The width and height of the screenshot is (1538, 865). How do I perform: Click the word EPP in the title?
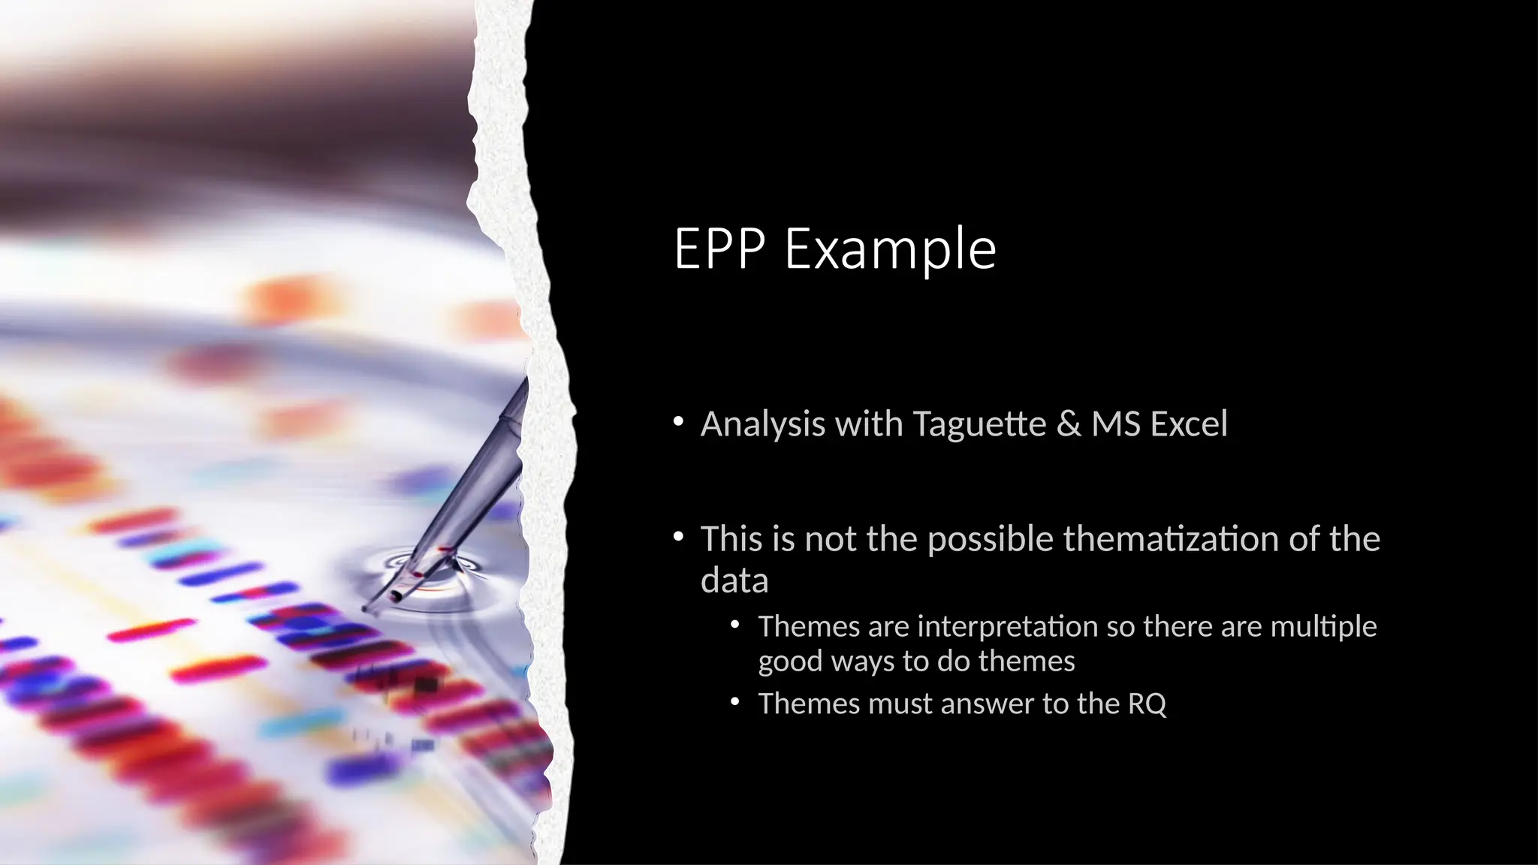[x=719, y=249]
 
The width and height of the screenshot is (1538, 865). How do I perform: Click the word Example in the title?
[x=891, y=249]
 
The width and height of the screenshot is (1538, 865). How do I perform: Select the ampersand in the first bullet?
[x=1069, y=424]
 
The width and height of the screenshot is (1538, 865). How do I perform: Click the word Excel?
[x=1190, y=424]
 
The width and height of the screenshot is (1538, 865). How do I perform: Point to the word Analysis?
[x=763, y=424]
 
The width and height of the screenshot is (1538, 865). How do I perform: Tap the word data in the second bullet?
[x=734, y=581]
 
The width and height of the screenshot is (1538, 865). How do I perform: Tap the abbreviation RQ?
[x=1147, y=704]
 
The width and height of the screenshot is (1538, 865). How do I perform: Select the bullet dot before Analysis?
[x=678, y=422]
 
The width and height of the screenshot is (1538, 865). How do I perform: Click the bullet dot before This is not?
[x=678, y=537]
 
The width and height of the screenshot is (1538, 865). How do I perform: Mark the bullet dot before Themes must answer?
[x=735, y=702]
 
